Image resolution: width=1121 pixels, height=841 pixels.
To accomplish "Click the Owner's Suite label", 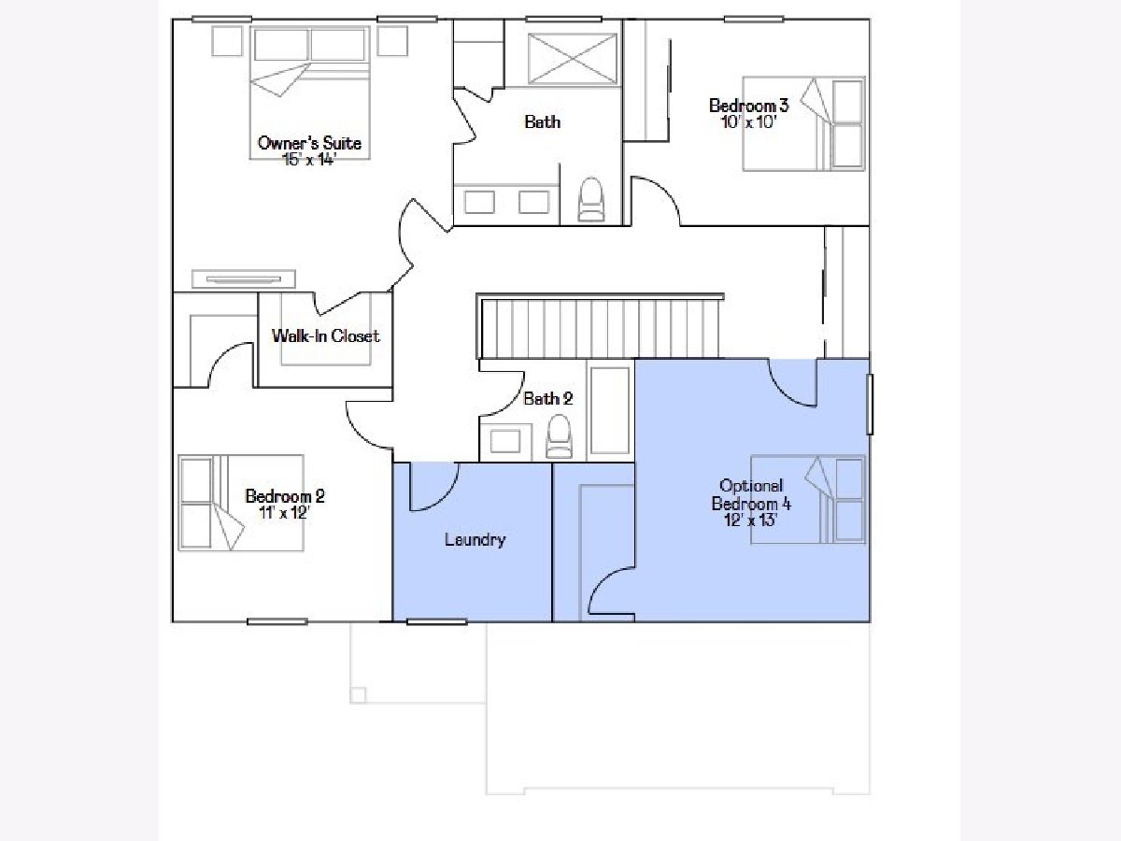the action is coord(309,143).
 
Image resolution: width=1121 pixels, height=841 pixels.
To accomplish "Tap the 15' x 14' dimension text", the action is coord(309,160).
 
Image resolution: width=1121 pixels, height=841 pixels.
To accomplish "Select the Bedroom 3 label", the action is coord(748,106).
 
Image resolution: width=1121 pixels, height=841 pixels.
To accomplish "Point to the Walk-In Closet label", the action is coord(325,336).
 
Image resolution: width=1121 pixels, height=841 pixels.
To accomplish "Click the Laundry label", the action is coord(475,540).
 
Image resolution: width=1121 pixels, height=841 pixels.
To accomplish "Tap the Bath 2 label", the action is coord(548,399).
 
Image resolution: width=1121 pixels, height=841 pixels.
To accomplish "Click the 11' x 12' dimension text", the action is coord(285,512).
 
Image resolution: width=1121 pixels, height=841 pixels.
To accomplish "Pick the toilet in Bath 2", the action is coord(559,436).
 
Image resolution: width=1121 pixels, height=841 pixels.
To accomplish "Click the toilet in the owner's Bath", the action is coord(591,200).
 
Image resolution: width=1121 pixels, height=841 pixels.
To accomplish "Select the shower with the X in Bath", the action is coord(572,58).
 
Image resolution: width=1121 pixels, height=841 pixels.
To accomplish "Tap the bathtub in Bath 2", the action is coord(610,410).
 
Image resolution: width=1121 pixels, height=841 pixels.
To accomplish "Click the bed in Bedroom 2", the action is coord(240,503).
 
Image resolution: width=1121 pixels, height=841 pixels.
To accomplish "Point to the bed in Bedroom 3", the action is coord(803,123).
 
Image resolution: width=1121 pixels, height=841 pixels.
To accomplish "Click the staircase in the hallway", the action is coord(600,326).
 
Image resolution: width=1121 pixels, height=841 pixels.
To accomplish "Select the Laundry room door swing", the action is coord(434,487).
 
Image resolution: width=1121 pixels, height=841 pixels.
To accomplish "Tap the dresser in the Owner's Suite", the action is coord(244,279).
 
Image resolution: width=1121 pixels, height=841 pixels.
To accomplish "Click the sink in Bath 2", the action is coord(505,441).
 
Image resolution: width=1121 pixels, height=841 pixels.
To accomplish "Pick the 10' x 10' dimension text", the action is coord(748,122).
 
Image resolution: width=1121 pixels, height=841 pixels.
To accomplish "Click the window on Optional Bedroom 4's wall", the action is coord(870,405).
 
